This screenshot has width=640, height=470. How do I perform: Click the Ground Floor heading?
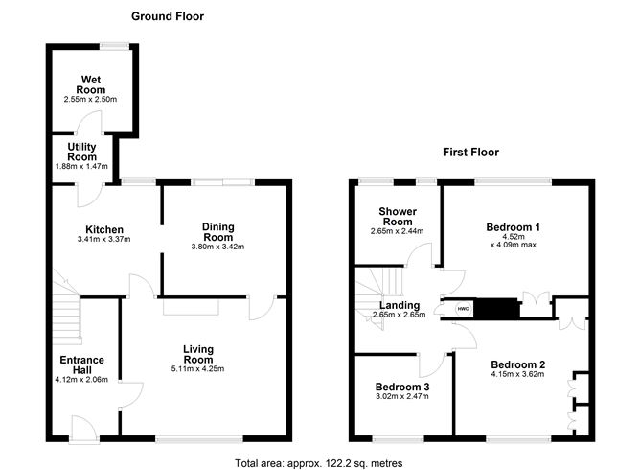pyautogui.click(x=167, y=16)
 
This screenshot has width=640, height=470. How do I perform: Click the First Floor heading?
pyautogui.click(x=470, y=152)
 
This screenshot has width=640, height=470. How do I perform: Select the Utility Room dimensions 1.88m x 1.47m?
pyautogui.click(x=82, y=167)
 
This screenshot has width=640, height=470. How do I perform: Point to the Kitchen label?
pyautogui.click(x=104, y=229)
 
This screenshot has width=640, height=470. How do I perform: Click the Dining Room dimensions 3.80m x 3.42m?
pyautogui.click(x=217, y=247)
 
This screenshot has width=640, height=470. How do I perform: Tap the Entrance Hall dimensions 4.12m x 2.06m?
pyautogui.click(x=82, y=379)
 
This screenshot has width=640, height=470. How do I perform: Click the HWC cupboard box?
pyautogui.click(x=463, y=309)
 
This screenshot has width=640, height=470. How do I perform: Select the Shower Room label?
pyautogui.click(x=395, y=218)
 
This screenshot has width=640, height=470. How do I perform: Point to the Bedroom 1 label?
pyautogui.click(x=514, y=227)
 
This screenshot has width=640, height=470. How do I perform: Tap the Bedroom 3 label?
pyautogui.click(x=401, y=387)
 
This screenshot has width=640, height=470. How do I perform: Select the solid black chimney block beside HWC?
pyautogui.click(x=496, y=309)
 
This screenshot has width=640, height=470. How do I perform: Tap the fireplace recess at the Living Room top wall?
pyautogui.click(x=191, y=306)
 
